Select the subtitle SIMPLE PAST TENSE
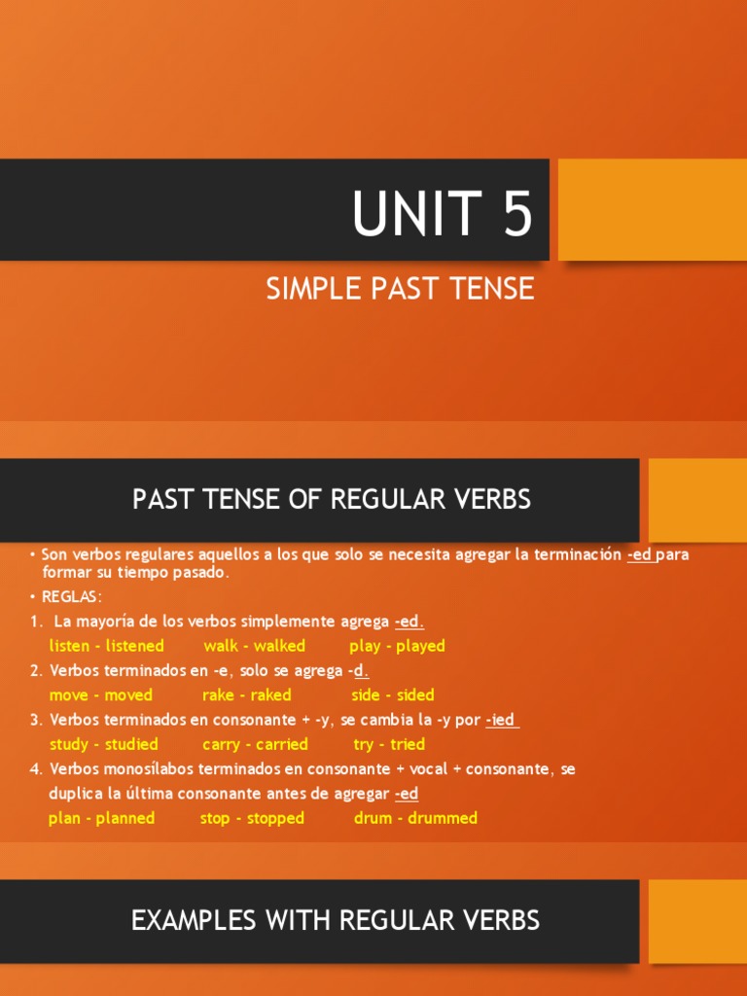(401, 289)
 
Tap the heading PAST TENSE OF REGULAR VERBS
(332, 500)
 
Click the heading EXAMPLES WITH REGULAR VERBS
(336, 920)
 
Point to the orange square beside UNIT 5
(652, 210)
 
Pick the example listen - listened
(107, 646)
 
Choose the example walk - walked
(254, 646)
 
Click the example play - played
(397, 646)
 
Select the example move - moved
(101, 695)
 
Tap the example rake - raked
(247, 695)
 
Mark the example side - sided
(393, 695)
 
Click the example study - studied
(104, 744)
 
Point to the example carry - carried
(255, 744)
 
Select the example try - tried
(389, 744)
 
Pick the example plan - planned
(101, 818)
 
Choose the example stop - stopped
(252, 818)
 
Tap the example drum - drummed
(415, 818)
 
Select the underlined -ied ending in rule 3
(501, 720)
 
